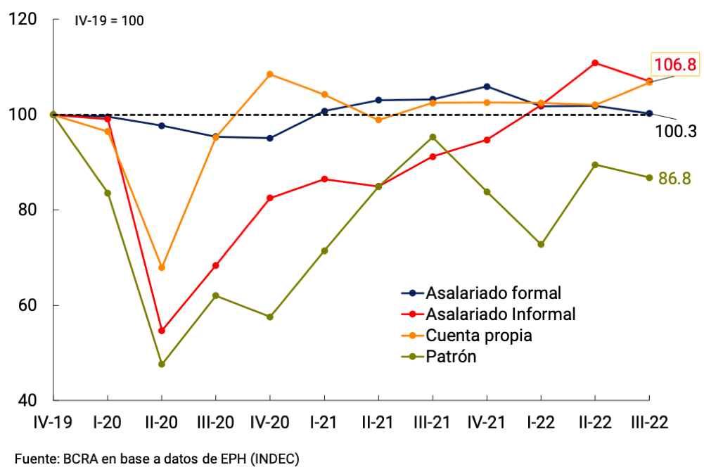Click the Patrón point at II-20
162,364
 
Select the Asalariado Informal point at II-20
162,331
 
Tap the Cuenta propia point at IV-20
270,74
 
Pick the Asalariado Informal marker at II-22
595,63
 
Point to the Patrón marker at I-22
541,244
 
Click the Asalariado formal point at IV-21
487,87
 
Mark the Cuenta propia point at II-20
162,267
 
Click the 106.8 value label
674,65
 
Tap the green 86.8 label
677,178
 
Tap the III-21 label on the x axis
433,422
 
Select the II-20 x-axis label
162,422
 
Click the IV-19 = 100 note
109,20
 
